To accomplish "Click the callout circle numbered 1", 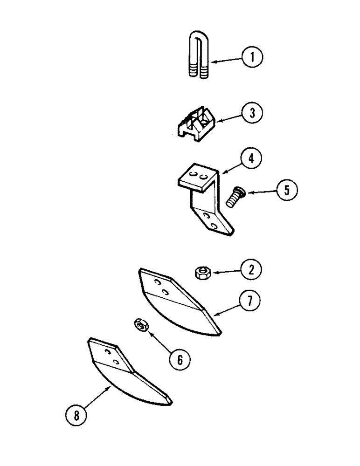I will pos(252,58).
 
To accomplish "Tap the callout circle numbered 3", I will pos(252,112).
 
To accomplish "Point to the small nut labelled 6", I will pos(141,325).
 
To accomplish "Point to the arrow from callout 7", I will pos(227,311).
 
